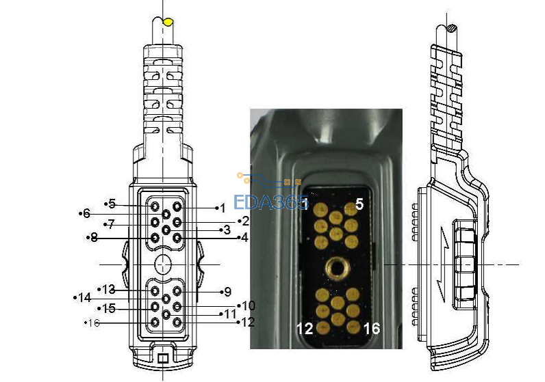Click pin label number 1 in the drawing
point(223,208)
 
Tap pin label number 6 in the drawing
point(86,213)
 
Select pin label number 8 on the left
point(94,238)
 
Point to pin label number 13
point(108,289)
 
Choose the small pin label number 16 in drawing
point(94,323)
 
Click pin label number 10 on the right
point(249,305)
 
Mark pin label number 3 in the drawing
point(227,230)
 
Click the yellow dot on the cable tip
point(168,22)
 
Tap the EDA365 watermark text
point(270,202)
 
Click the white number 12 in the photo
point(305,328)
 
